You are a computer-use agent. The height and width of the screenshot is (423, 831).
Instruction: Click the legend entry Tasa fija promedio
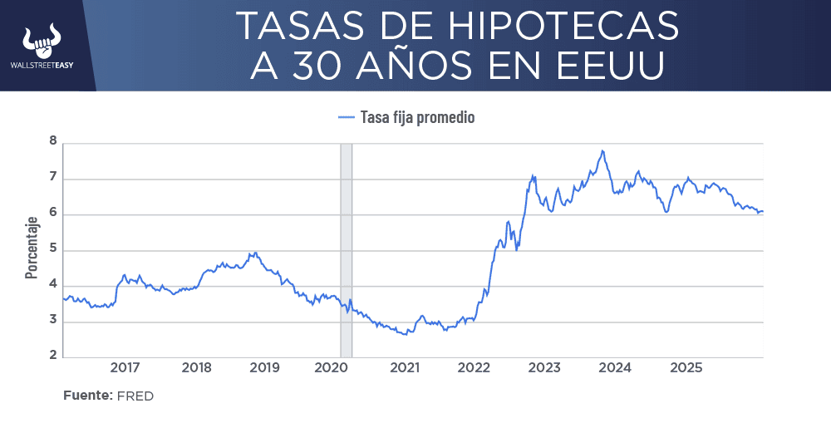[x=417, y=117]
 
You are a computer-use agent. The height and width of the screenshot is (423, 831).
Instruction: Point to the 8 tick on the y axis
[x=52, y=142]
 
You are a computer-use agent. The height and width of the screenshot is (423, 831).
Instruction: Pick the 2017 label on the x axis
[x=125, y=368]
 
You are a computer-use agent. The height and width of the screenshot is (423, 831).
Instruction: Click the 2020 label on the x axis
[x=332, y=368]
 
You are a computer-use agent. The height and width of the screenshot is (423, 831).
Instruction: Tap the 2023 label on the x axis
[x=543, y=368]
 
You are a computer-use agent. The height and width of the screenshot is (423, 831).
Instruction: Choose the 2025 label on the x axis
[x=686, y=368]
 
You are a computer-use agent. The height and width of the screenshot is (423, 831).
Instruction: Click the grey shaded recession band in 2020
[x=346, y=249]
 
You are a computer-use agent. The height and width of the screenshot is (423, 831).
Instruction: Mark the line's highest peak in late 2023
[x=602, y=151]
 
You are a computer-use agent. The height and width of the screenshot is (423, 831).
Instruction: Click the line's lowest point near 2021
[x=405, y=334]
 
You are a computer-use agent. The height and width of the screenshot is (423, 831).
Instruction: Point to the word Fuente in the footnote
[x=87, y=396]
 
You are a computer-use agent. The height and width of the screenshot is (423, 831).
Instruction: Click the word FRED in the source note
[x=135, y=396]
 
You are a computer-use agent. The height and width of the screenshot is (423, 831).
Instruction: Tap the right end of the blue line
[x=763, y=211]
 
